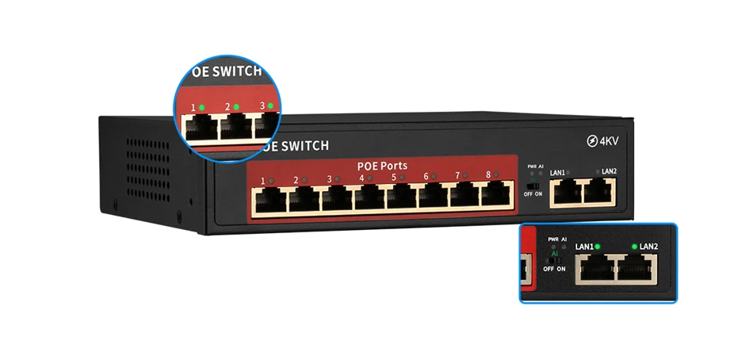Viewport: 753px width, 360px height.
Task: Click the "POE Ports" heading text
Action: click(x=382, y=166)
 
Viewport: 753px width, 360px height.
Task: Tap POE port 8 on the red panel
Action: click(x=496, y=197)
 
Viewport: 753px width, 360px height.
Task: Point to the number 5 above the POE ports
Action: click(x=394, y=178)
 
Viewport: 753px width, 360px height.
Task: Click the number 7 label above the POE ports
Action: click(x=457, y=177)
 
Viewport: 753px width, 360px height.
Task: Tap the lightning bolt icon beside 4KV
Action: click(x=592, y=142)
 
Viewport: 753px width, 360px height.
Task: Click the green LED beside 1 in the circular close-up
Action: click(x=201, y=106)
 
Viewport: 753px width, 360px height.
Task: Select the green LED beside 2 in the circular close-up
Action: click(x=235, y=106)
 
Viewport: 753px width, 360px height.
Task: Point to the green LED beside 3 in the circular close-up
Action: click(x=270, y=105)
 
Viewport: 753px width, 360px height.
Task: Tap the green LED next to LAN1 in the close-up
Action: click(x=597, y=247)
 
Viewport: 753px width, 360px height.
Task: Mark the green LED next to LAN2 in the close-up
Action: click(x=634, y=247)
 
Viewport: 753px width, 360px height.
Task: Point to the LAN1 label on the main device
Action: click(x=557, y=172)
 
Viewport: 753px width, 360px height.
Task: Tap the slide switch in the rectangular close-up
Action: click(x=554, y=259)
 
